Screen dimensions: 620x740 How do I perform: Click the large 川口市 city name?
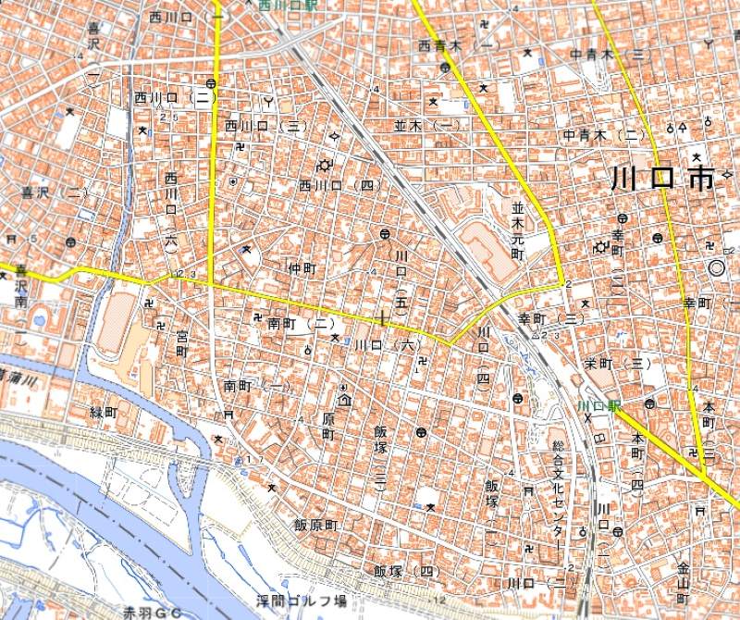(663, 179)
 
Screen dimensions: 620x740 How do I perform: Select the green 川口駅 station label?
(598, 406)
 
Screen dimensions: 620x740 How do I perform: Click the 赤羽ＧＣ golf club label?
(154, 612)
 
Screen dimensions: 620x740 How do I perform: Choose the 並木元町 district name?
(518, 231)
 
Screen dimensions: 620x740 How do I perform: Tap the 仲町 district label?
(302, 268)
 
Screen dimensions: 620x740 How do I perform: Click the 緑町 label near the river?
(104, 411)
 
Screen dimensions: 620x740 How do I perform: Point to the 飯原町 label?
(317, 525)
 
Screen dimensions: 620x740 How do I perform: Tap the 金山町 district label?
(684, 583)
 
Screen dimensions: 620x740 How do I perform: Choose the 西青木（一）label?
(456, 43)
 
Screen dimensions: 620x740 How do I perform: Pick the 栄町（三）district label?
(616, 363)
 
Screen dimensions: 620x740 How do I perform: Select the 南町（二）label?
(301, 324)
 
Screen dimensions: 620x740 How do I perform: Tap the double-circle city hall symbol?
(715, 267)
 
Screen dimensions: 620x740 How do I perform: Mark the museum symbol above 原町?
(344, 399)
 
